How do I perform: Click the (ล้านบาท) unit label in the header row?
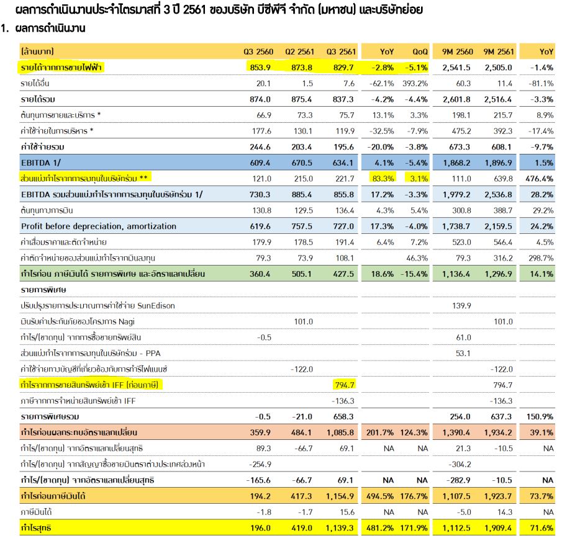pyautogui.click(x=37, y=51)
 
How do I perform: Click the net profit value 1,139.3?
pyautogui.click(x=340, y=528)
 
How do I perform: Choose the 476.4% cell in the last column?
pyautogui.click(x=539, y=179)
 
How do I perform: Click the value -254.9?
pyautogui.click(x=260, y=464)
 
